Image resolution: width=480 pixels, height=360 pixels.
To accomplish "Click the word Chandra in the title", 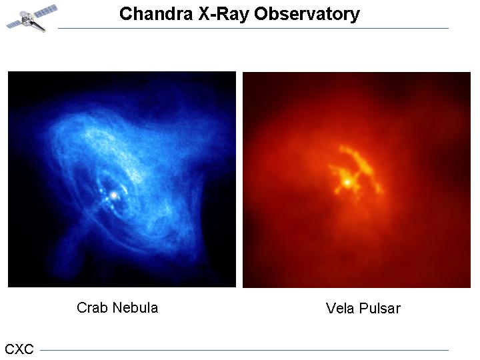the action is click(x=156, y=14).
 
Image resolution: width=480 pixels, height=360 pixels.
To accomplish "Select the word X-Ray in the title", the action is click(x=223, y=14).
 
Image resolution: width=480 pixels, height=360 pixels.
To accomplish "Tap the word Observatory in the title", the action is click(x=307, y=15).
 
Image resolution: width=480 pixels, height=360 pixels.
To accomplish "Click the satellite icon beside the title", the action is click(x=32, y=18).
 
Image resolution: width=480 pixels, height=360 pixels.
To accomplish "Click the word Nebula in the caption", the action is click(x=135, y=307).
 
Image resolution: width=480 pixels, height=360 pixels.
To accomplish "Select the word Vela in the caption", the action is click(x=340, y=308).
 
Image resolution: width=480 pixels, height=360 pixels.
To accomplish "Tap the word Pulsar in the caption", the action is click(x=380, y=308).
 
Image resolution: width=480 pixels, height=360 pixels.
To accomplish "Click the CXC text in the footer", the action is click(x=19, y=349).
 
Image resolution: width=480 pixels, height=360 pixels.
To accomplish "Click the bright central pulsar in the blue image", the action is click(x=114, y=195).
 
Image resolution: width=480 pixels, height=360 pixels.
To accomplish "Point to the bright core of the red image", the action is click(x=347, y=183).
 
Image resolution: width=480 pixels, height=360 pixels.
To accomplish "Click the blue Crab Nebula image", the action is click(x=122, y=179).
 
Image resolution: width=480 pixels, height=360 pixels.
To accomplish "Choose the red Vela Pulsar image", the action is click(x=357, y=180).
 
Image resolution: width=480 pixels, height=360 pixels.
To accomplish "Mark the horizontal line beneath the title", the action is click(x=253, y=29).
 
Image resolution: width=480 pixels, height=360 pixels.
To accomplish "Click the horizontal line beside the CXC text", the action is click(x=244, y=350).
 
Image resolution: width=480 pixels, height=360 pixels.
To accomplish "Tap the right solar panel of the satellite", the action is click(x=46, y=11).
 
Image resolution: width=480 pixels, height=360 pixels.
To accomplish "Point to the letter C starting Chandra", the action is click(x=125, y=14).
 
